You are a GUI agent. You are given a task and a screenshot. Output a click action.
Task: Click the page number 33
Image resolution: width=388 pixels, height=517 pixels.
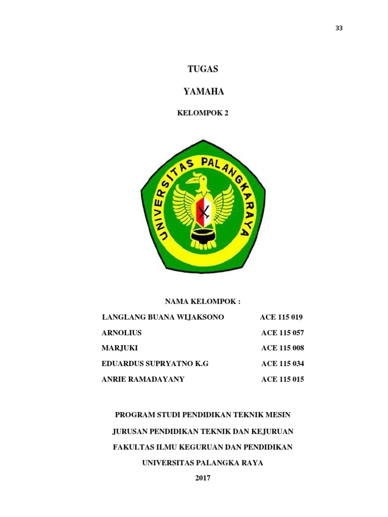[x=339, y=28]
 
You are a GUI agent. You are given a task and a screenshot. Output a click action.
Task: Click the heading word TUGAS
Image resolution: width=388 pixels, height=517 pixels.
[x=202, y=70]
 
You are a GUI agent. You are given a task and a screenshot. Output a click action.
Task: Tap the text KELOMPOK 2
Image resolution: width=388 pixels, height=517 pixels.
[x=203, y=113]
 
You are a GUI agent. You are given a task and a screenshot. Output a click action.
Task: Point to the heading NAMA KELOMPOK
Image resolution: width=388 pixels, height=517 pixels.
[x=203, y=301]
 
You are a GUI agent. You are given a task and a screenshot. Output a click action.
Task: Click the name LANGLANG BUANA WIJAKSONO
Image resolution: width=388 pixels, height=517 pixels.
[x=163, y=317]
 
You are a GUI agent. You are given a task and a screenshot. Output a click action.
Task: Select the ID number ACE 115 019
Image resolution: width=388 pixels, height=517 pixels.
[x=281, y=317]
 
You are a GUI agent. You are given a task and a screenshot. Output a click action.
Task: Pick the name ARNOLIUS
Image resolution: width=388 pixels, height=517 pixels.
[x=122, y=333]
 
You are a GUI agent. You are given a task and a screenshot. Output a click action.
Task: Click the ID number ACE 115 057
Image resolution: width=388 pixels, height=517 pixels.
[x=283, y=333]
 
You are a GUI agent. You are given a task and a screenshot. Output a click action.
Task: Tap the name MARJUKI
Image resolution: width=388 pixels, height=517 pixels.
[x=120, y=348]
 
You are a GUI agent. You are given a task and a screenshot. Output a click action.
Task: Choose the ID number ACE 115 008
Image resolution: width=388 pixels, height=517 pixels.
[x=283, y=348]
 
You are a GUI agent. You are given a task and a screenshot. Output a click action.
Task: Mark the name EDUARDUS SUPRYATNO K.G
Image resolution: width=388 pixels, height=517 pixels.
[x=155, y=364]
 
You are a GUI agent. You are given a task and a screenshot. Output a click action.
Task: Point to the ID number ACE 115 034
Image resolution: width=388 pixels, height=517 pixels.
[x=283, y=364]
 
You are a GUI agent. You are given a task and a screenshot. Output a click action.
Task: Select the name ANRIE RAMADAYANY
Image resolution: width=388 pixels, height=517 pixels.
[x=143, y=379]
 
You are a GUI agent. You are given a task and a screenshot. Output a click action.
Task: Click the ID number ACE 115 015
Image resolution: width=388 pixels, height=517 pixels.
[x=283, y=379]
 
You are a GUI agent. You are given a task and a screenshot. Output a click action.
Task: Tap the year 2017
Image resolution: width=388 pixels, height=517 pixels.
[x=203, y=478]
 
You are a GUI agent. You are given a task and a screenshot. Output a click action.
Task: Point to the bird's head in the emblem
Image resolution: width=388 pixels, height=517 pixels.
[x=201, y=180]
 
